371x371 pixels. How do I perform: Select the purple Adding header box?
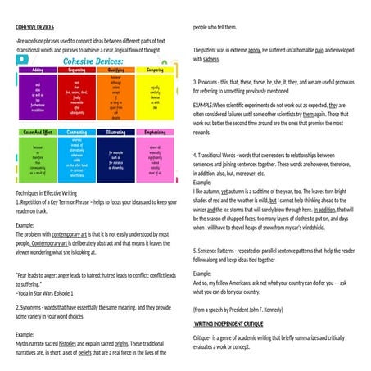[x=36, y=71]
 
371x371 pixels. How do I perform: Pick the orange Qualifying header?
[x=115, y=71]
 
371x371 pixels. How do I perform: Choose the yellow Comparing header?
[x=155, y=71]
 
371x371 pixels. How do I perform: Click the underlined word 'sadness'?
[x=211, y=60]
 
